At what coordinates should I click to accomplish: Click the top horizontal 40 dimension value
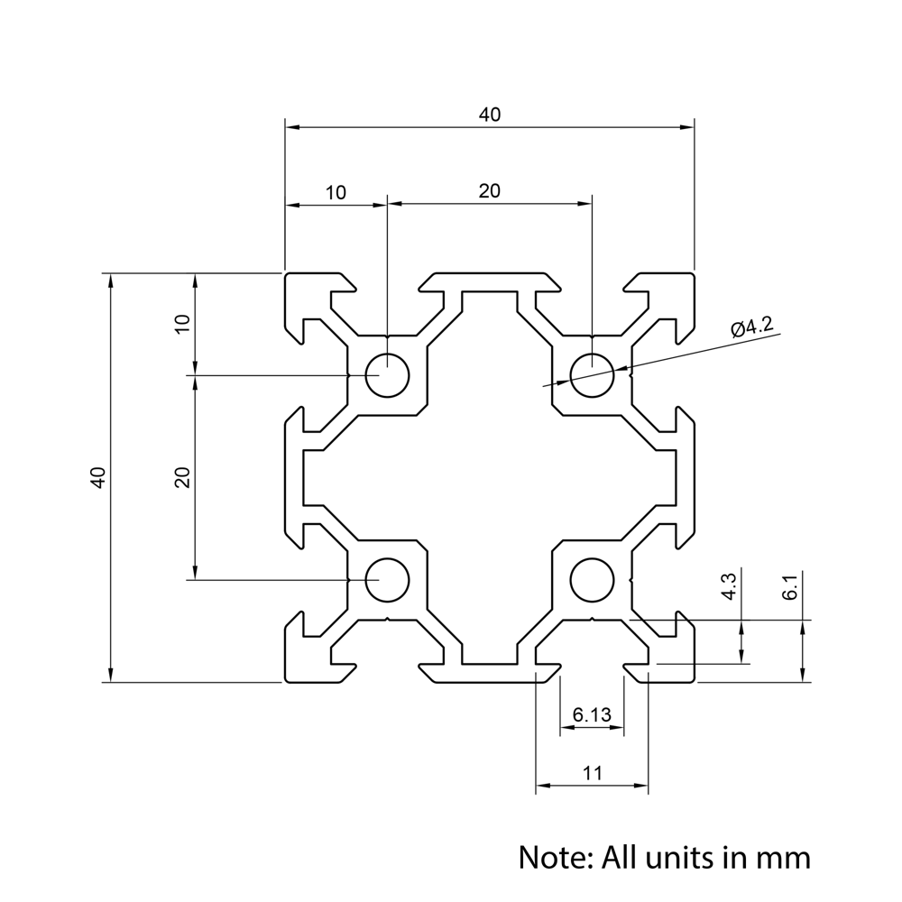click(489, 115)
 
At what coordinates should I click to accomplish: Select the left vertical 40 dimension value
click(99, 477)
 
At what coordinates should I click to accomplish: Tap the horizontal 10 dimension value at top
click(336, 192)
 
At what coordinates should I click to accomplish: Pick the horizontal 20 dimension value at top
click(489, 190)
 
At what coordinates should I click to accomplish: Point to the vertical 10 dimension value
click(182, 325)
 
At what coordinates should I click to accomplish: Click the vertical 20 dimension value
click(182, 477)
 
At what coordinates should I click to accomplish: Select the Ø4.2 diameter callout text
click(752, 327)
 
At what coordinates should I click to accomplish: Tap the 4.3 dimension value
click(730, 586)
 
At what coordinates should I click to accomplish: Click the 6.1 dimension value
click(791, 587)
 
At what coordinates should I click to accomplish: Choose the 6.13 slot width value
click(592, 715)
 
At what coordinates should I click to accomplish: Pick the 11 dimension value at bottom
click(592, 773)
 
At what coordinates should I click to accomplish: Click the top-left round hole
click(387, 375)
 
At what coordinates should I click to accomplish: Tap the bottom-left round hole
click(387, 579)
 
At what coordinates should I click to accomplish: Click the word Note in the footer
click(553, 856)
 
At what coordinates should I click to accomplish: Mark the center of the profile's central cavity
click(490, 477)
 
